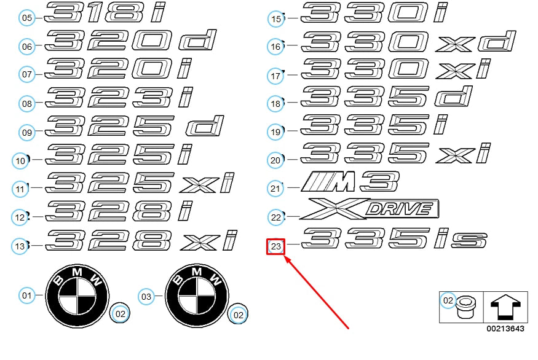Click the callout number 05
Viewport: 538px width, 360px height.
[x=27, y=17]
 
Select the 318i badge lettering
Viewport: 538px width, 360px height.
[x=105, y=12]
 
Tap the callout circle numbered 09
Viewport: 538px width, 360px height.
[x=27, y=132]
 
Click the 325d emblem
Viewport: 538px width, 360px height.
[x=135, y=126]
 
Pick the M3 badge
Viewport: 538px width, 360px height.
[x=350, y=182]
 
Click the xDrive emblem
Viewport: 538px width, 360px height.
[x=369, y=208]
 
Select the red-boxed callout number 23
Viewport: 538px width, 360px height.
[x=276, y=246]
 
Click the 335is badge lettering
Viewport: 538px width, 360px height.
[x=394, y=238]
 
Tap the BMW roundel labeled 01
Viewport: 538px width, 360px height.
[x=77, y=296]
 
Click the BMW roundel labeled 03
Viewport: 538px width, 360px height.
[x=197, y=296]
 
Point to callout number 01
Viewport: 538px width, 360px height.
[x=27, y=295]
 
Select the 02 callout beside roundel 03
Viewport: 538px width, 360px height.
[x=238, y=315]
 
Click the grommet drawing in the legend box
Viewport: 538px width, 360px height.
[x=465, y=307]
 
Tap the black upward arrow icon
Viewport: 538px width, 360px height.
[x=506, y=307]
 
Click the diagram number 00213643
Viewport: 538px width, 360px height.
[x=505, y=329]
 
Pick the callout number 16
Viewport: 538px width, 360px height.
[x=275, y=46]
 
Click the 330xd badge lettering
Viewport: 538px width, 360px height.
[x=408, y=42]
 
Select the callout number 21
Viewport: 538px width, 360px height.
[x=275, y=188]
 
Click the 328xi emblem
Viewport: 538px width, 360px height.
[x=141, y=240]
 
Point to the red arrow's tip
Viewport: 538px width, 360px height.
[x=285, y=256]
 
